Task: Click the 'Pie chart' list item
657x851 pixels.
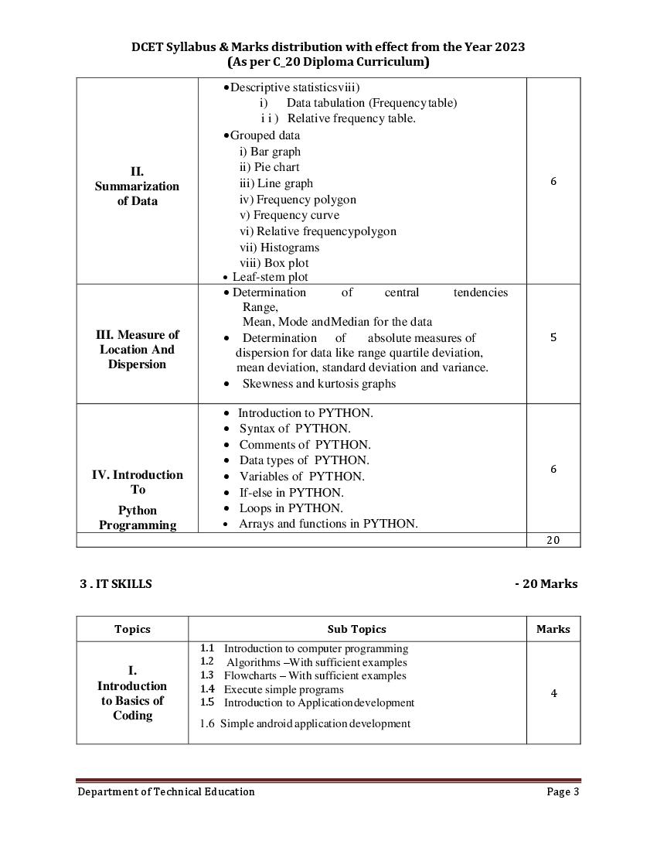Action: pos(269,167)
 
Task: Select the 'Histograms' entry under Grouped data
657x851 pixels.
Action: pos(279,248)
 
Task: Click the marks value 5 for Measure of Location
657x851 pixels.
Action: pos(553,337)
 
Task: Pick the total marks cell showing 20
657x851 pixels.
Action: pos(553,540)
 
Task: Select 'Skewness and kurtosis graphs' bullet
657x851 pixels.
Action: pos(318,384)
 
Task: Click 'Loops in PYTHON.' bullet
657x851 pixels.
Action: pos(291,508)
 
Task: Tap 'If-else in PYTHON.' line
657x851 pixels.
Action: pos(291,493)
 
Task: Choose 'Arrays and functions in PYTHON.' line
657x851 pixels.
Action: pos(328,524)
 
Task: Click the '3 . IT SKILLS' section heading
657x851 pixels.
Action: pos(116,584)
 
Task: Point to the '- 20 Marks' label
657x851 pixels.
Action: pos(546,584)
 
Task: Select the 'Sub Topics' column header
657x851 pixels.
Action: pos(356,629)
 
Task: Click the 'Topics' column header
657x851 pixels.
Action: pos(132,629)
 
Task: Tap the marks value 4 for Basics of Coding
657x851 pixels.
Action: pos(553,693)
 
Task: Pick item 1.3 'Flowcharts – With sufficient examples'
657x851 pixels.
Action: pos(314,675)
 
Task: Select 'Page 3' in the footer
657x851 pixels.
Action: pos(563,791)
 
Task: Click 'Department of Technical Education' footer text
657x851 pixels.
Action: pos(165,791)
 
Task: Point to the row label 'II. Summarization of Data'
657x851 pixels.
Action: pos(137,186)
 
